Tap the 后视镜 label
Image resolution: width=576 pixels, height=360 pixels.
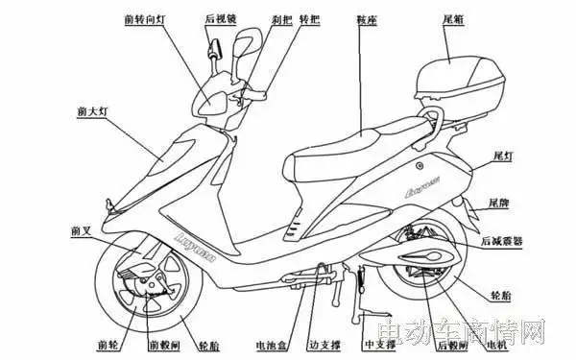pyautogui.click(x=223, y=19)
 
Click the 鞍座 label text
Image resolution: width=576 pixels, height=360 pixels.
pyautogui.click(x=366, y=19)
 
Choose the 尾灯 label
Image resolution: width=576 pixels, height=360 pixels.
pyautogui.click(x=501, y=154)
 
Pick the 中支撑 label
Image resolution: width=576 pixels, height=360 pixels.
pyautogui.click(x=377, y=343)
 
